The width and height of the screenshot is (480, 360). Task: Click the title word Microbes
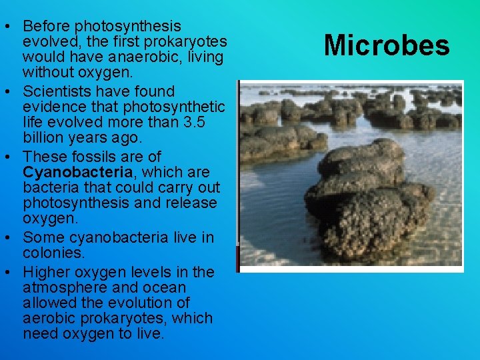(x=387, y=45)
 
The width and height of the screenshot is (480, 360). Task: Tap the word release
(x=193, y=203)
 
